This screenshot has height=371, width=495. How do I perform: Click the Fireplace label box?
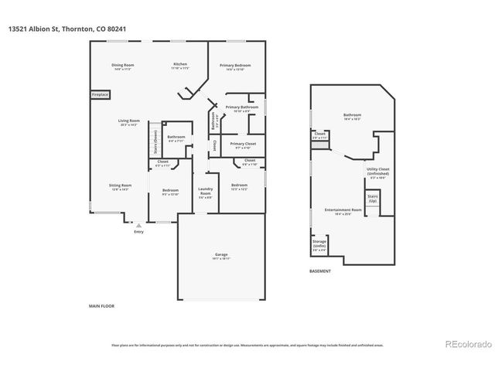pyautogui.click(x=101, y=95)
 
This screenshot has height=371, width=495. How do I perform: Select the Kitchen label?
pyautogui.click(x=179, y=66)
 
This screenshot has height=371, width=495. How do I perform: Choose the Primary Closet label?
pyautogui.click(x=243, y=145)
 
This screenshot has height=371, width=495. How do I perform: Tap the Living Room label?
pyautogui.click(x=128, y=123)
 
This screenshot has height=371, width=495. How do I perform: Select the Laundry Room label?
pyautogui.click(x=205, y=192)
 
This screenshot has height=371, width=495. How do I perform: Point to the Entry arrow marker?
pyautogui.click(x=138, y=225)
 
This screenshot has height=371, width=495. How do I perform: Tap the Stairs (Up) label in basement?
pyautogui.click(x=373, y=199)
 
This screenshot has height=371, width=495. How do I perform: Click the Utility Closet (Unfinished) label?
pyautogui.click(x=377, y=174)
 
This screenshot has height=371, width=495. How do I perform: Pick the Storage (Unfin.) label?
pyautogui.click(x=319, y=243)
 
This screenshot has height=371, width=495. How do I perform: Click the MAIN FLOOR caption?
pyautogui.click(x=101, y=307)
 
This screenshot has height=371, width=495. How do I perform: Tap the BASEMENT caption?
pyautogui.click(x=319, y=271)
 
